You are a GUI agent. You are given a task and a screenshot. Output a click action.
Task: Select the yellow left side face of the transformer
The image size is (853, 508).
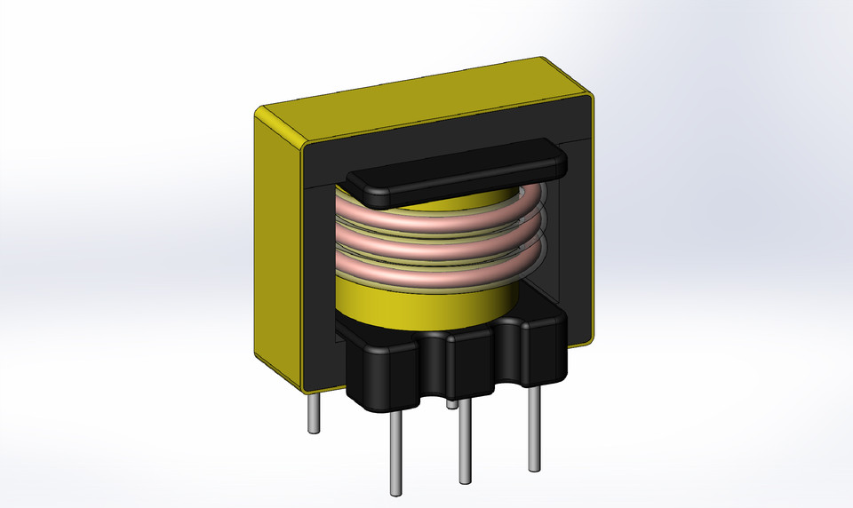(x=277, y=249)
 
